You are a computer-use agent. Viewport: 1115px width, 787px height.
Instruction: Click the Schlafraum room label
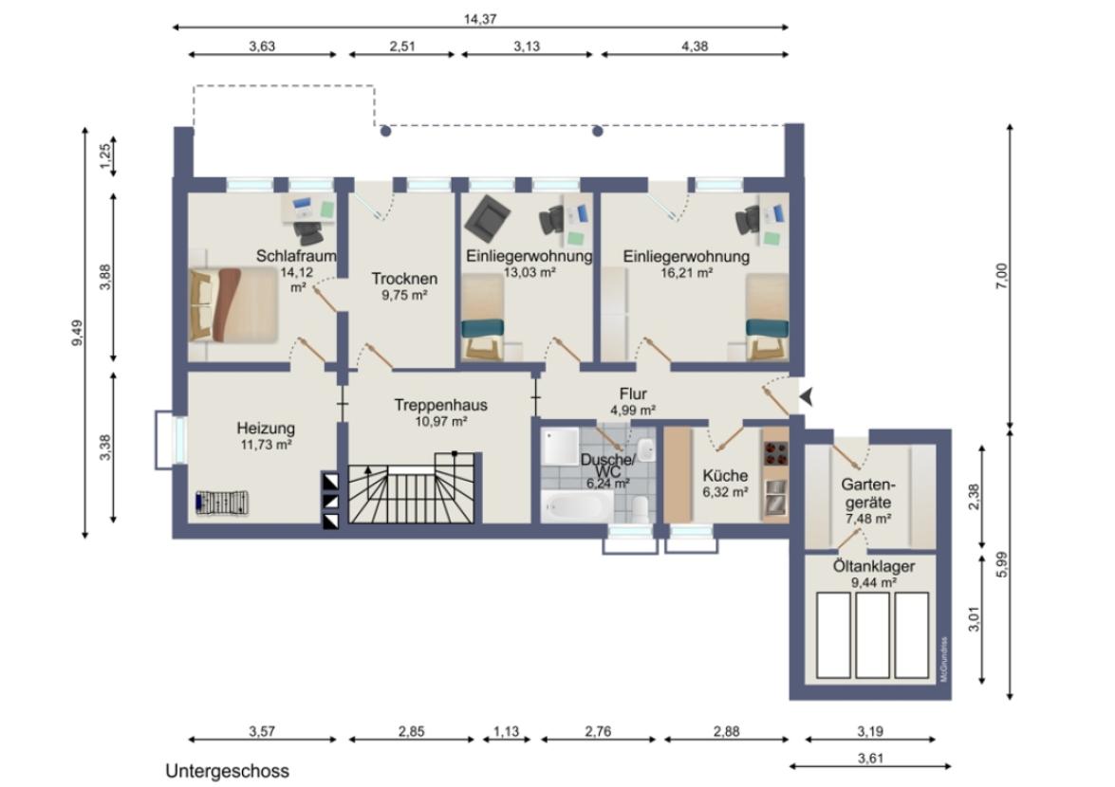point(296,256)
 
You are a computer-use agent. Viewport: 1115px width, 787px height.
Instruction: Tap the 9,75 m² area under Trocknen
point(404,295)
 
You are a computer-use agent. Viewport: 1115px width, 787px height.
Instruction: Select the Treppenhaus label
point(441,405)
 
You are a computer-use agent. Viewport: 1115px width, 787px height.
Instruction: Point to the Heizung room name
point(266,429)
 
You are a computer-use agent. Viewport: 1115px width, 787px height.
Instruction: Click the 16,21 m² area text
point(686,272)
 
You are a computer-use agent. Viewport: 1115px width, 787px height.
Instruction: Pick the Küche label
point(725,475)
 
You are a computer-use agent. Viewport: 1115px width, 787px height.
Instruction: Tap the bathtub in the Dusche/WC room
point(577,506)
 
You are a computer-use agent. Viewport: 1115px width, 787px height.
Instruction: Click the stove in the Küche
point(775,453)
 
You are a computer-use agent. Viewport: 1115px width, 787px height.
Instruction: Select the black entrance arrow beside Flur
point(807,397)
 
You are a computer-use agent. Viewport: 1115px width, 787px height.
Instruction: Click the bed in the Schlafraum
point(233,304)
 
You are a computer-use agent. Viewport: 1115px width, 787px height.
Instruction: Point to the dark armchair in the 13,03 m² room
point(487,216)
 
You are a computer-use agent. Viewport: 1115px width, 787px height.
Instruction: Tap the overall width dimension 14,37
point(480,19)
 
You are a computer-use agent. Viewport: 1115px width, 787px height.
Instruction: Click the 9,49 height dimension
point(77,333)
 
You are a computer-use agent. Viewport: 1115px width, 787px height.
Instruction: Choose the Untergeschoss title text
point(228,771)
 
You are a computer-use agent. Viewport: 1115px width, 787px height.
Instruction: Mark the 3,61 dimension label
point(870,758)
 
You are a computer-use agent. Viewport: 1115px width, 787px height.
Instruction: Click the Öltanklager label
point(874,567)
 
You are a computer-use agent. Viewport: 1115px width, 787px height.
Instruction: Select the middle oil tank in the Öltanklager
point(872,635)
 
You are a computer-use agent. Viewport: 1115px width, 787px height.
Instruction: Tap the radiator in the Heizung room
point(223,503)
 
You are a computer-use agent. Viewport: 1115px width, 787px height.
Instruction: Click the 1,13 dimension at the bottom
point(507,731)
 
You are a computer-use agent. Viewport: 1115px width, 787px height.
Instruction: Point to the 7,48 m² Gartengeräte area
point(868,519)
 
